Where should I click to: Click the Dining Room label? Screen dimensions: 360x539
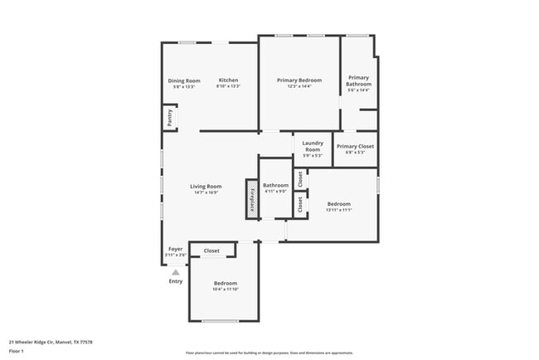point(187,80)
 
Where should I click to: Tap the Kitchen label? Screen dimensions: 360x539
point(228,80)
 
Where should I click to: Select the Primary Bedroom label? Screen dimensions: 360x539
point(299,80)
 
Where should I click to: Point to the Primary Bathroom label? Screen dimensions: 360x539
point(359,80)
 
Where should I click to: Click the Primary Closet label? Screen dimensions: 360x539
point(355,146)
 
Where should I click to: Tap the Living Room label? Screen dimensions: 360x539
point(206,187)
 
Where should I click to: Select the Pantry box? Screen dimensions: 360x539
point(169,119)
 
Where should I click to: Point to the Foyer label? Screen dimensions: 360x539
point(175,248)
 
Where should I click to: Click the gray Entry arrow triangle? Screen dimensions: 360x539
point(175,271)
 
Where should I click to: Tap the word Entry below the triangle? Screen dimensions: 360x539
point(175,281)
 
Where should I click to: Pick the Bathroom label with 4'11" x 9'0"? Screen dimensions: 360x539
point(275,185)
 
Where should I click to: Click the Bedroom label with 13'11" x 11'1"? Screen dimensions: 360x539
point(338,203)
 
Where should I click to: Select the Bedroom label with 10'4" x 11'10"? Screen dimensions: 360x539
point(225,283)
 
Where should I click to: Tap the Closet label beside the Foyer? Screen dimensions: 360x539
point(211,250)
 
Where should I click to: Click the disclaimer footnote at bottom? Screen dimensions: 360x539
point(269,353)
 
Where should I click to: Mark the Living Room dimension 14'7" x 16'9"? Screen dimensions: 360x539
point(206,192)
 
